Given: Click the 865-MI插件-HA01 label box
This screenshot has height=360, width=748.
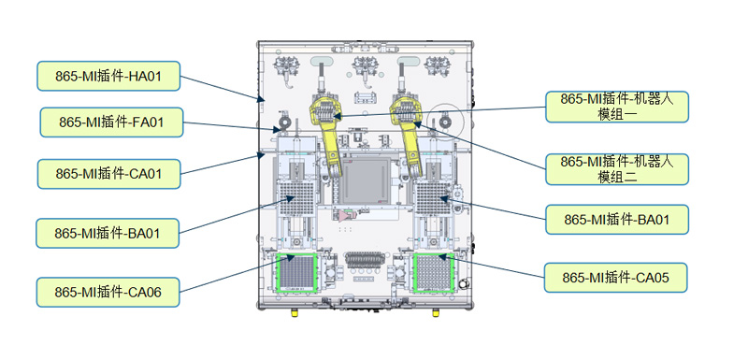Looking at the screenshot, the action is (x=108, y=76).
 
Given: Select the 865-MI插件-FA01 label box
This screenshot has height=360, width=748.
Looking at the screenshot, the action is (x=111, y=122).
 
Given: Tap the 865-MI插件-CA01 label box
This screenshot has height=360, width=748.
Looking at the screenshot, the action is (x=108, y=174).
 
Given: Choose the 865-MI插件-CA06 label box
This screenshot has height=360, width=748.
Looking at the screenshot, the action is (x=108, y=292).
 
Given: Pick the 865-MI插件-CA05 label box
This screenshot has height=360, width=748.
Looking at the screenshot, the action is (x=616, y=278).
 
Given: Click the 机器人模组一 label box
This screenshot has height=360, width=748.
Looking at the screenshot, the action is (x=617, y=107).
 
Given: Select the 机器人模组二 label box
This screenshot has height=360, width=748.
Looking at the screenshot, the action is (x=617, y=169).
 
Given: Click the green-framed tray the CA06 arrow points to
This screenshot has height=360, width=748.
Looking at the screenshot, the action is (x=296, y=272).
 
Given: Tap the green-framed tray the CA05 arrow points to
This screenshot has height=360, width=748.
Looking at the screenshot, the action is (x=434, y=272).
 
